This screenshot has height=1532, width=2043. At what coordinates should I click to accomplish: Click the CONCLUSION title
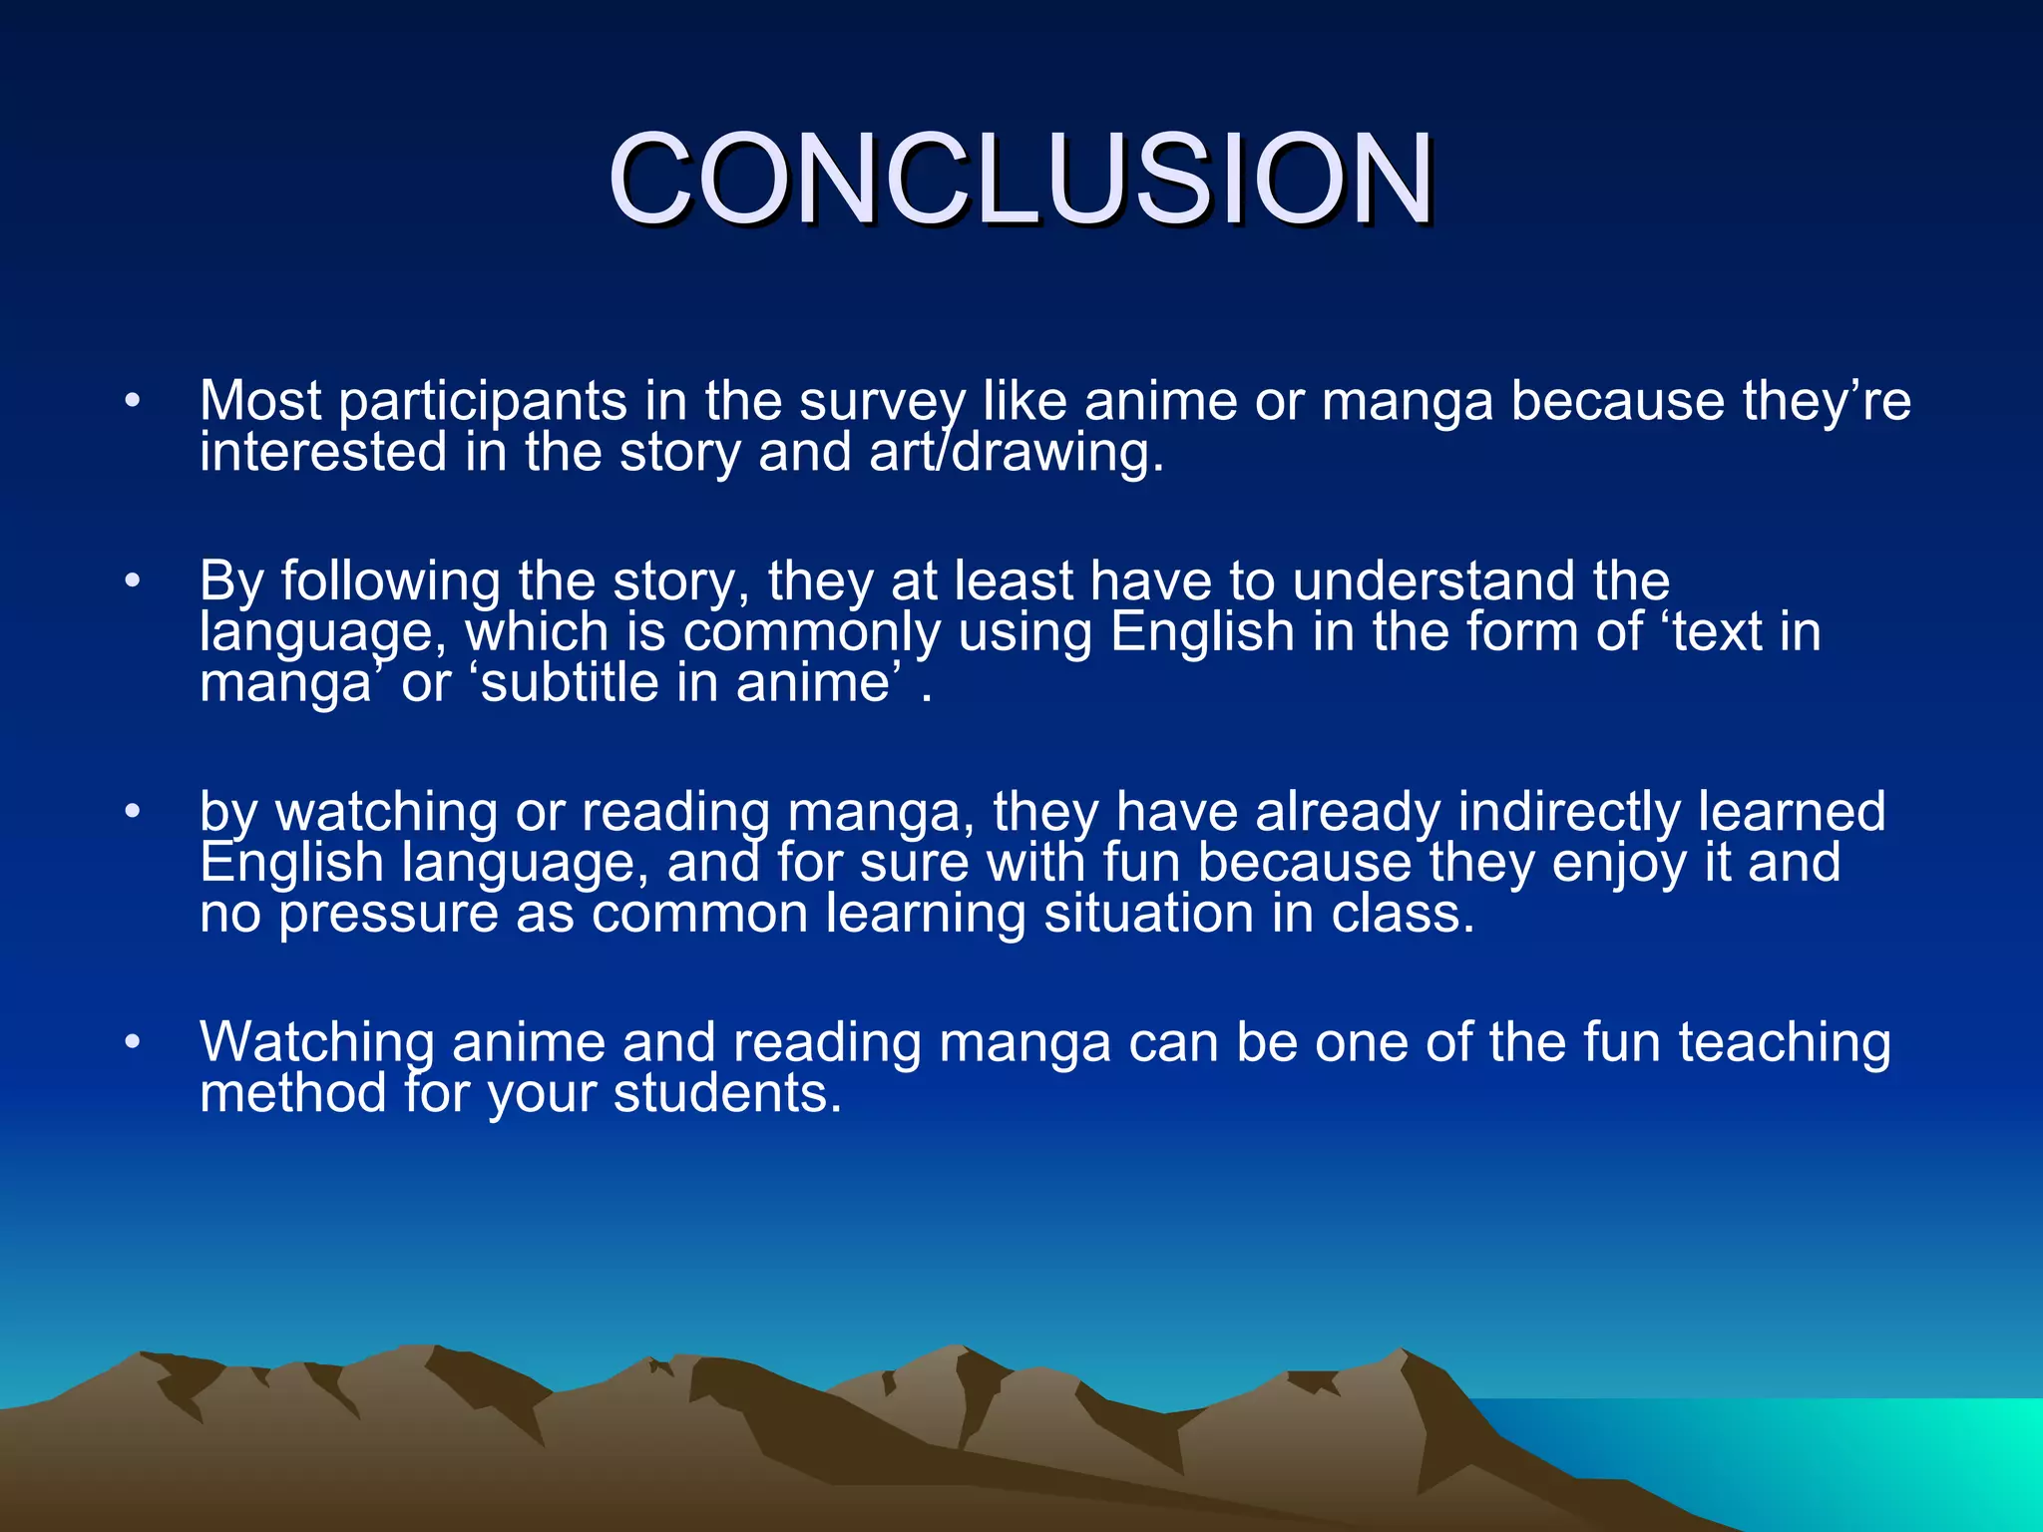coord(1021,180)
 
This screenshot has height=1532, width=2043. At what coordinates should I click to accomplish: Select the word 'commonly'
coord(811,632)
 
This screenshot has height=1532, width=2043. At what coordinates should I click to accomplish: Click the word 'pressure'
coord(387,915)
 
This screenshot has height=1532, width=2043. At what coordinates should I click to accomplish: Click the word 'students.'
coord(727,1093)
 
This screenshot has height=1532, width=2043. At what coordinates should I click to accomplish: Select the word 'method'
coord(292,1093)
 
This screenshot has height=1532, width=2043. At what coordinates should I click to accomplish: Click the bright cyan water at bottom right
coord(1895,1456)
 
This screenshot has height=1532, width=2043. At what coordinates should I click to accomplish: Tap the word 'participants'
coord(482,402)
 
